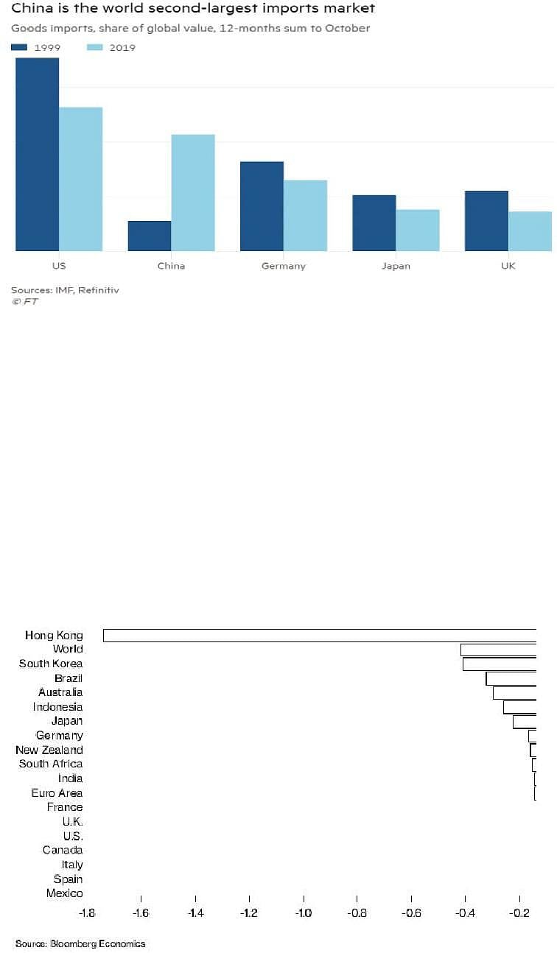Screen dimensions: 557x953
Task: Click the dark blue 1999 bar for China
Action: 150,236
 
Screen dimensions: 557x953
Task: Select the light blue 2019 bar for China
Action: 193,193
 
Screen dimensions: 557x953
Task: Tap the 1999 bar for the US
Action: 38,155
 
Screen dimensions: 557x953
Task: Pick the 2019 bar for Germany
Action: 306,215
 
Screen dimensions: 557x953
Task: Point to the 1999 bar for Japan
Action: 374,223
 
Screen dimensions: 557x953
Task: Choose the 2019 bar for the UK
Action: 530,231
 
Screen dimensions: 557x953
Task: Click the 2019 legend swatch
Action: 95,47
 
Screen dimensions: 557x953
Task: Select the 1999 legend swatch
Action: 19,47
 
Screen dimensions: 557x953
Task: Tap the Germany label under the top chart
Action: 284,267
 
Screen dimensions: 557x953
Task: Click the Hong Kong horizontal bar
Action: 320,635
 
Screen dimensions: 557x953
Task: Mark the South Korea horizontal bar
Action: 500,664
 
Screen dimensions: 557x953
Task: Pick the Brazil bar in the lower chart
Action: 511,678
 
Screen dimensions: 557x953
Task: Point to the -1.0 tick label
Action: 304,912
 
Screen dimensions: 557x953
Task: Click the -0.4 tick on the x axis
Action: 465,899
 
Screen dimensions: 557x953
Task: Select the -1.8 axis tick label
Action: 87,912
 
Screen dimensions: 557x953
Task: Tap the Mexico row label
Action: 65,893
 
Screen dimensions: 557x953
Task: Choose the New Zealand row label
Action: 49,750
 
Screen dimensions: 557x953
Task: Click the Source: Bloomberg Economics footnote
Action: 80,943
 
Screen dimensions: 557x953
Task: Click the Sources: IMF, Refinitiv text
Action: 65,290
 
